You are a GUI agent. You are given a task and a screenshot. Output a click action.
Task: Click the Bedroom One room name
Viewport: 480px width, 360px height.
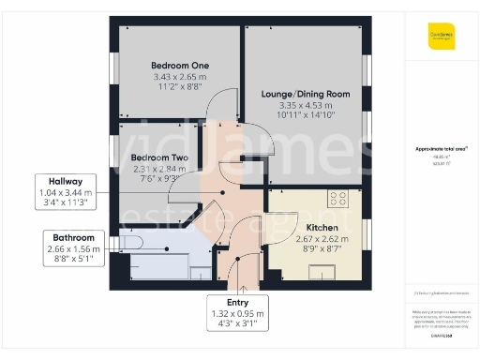pos(178,65)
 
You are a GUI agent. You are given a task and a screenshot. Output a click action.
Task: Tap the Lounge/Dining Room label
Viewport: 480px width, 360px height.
pos(301,95)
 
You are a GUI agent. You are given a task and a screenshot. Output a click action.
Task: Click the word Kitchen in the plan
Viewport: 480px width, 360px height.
pos(322,228)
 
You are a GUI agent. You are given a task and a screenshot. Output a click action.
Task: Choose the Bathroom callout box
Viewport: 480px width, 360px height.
pos(72,248)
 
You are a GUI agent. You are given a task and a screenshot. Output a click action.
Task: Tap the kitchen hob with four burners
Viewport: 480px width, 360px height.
pos(337,199)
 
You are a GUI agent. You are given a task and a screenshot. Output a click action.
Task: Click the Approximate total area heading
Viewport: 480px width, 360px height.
pos(441,149)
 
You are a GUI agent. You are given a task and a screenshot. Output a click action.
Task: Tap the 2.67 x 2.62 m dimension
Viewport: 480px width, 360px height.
pos(322,239)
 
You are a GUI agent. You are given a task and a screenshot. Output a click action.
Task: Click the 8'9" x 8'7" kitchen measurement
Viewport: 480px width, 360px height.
pos(322,249)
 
